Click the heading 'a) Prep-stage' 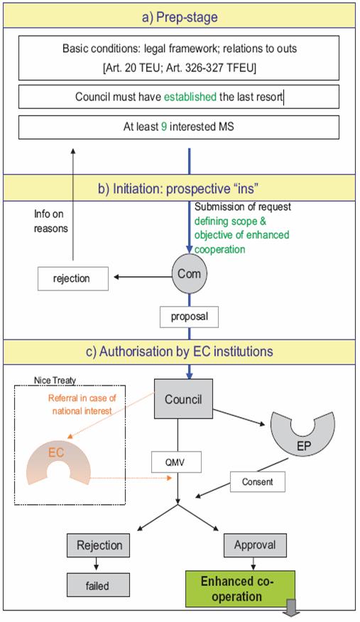(x=180, y=17)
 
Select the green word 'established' (x=190, y=97)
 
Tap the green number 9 (x=164, y=127)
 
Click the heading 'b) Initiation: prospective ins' (x=176, y=188)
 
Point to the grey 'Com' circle (x=189, y=273)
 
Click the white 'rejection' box (x=73, y=278)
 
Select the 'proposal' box (x=189, y=317)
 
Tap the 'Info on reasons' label (x=50, y=222)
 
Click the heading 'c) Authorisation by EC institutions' (x=180, y=351)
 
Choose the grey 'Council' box (x=183, y=399)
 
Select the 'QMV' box (x=176, y=462)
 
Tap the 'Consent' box (x=258, y=482)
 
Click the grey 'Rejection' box (x=98, y=545)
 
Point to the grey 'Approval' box (x=255, y=545)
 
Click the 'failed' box (x=98, y=586)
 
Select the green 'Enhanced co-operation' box (x=240, y=589)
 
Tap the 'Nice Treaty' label (x=55, y=381)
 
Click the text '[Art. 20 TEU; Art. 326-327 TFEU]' (x=179, y=68)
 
